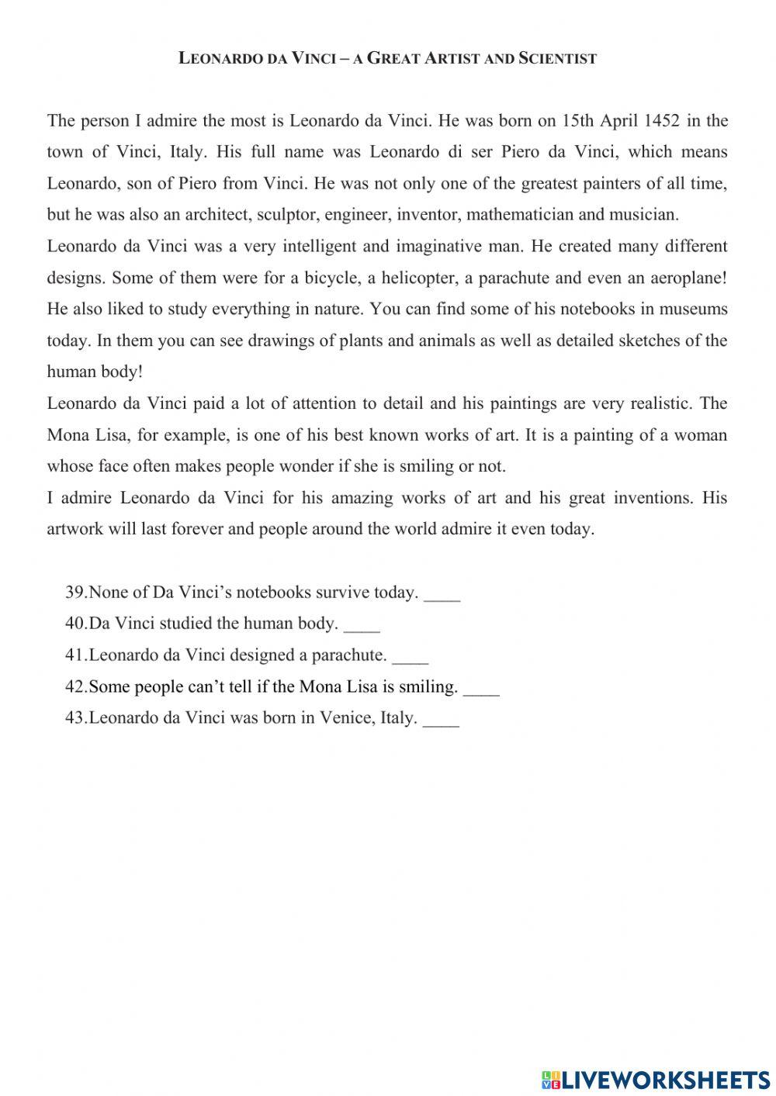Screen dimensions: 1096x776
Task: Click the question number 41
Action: pos(75,655)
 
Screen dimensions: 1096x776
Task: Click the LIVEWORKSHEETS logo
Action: pos(656,1079)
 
